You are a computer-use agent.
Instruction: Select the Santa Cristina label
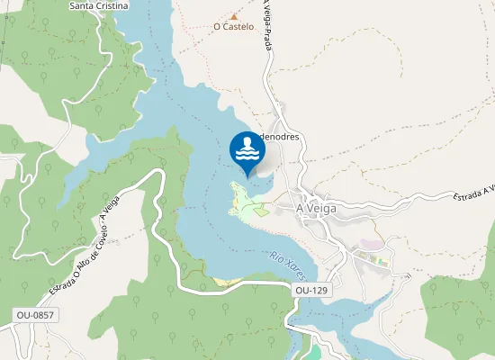[x=98, y=5]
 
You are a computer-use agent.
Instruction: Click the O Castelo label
[x=233, y=27]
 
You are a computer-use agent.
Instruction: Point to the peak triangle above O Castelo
[x=234, y=16]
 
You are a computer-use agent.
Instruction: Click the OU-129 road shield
[x=312, y=291]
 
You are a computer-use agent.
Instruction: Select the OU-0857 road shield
[x=35, y=315]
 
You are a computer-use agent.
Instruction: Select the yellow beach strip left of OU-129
[x=224, y=282]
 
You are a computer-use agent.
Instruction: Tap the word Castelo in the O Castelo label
[x=238, y=27]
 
